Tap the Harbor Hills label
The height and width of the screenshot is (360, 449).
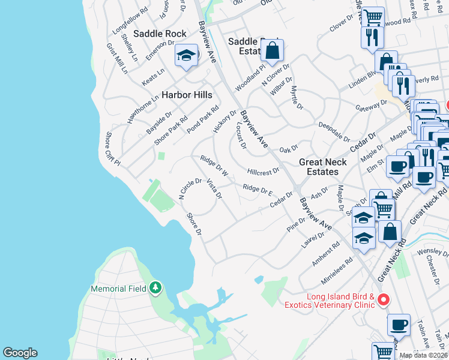187,95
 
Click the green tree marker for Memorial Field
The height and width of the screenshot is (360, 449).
156,289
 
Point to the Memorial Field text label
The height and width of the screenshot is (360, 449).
118,289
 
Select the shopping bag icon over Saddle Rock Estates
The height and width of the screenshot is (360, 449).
272,52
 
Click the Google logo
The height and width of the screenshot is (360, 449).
20,353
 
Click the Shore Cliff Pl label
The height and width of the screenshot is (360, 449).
113,149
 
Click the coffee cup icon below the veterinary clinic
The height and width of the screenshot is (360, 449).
399,325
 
